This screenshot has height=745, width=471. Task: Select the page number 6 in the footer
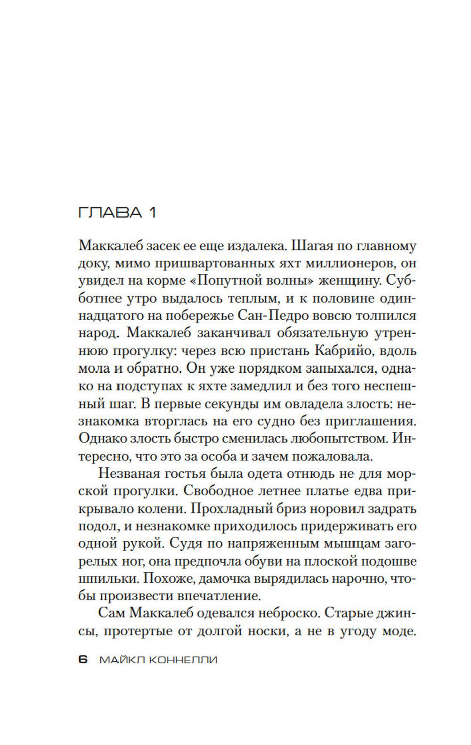pyautogui.click(x=83, y=659)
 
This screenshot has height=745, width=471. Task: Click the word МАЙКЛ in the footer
pyautogui.click(x=121, y=659)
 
